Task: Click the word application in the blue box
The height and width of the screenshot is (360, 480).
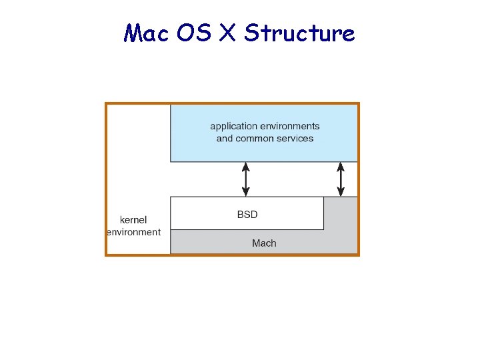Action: coord(233,126)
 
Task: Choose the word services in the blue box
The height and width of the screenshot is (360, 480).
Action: coord(295,139)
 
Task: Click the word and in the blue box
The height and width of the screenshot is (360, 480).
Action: coord(225,139)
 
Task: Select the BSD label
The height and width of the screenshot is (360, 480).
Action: coord(247,215)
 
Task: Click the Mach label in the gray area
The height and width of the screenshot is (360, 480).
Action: coord(264,243)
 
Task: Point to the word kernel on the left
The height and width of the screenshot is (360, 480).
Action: coord(133,219)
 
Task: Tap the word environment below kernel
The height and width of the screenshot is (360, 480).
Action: coord(134,232)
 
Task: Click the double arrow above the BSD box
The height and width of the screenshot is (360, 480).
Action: coord(246,179)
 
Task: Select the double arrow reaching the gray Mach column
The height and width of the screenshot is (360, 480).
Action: coord(341,179)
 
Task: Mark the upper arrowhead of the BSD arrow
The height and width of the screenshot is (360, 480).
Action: coord(246,166)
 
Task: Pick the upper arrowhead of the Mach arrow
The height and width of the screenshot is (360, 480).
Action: coord(341,166)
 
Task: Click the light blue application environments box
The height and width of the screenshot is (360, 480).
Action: coord(264,150)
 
